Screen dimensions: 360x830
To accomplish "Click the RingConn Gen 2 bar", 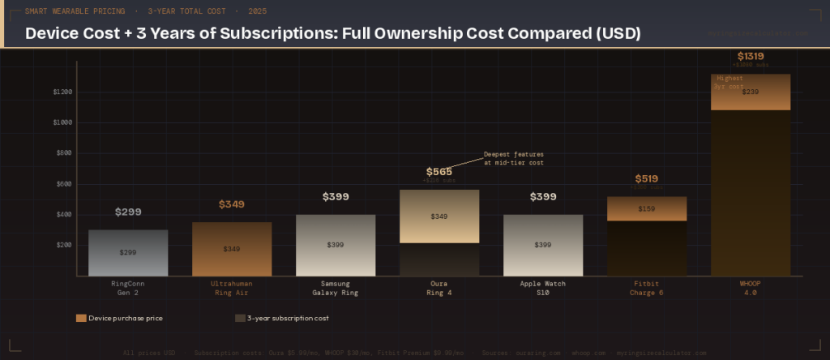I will (x=128, y=252).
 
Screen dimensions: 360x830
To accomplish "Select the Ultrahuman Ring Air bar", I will (x=232, y=248).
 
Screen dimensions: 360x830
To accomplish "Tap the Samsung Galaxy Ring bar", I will (x=336, y=245).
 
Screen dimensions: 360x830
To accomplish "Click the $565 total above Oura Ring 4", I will (x=439, y=172).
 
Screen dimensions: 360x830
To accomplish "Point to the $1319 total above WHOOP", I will (x=750, y=56).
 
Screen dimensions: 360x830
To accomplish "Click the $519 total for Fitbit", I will (x=646, y=179).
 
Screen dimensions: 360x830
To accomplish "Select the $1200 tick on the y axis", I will (x=62, y=92).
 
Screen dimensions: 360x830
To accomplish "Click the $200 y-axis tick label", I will (x=64, y=245).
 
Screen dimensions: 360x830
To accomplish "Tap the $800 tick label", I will (x=64, y=153).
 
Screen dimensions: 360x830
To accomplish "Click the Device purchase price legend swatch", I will (x=81, y=319).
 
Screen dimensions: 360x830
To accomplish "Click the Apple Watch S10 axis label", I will (x=543, y=288).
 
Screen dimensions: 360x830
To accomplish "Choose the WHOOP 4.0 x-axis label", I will (x=750, y=288).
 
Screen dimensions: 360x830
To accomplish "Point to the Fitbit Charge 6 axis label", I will (x=646, y=288).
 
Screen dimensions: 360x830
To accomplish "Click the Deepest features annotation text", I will (x=513, y=158).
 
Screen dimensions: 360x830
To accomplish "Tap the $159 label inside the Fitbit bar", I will (x=646, y=208).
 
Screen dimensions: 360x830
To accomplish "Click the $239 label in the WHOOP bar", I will (x=750, y=92).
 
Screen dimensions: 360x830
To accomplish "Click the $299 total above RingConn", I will (x=128, y=212).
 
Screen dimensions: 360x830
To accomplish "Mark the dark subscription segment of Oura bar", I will (x=439, y=259).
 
